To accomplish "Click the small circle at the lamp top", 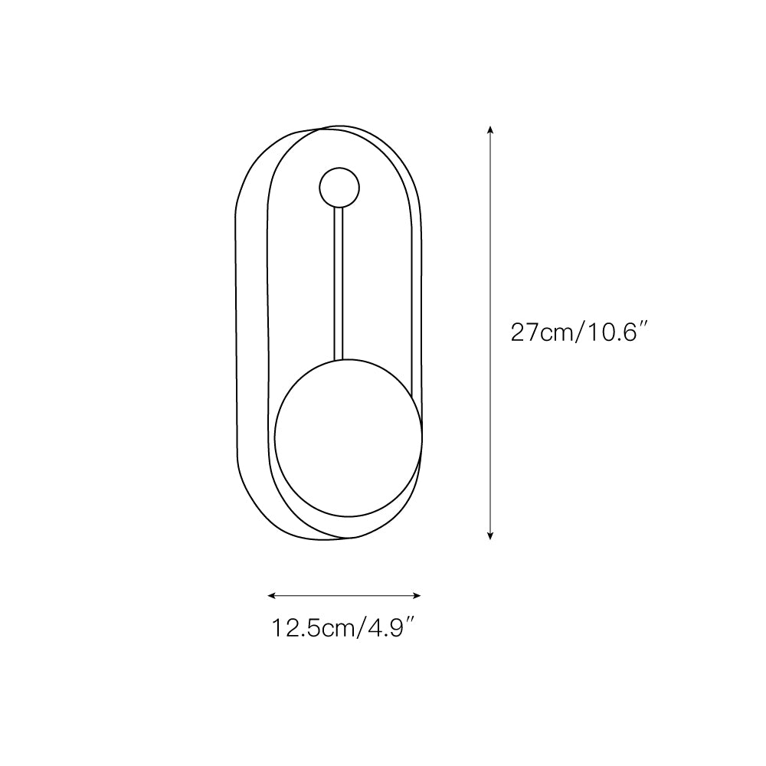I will (338, 187).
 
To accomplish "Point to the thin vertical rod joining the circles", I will (338, 283).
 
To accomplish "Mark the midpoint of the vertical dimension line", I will (490, 333).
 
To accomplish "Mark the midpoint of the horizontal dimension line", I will (345, 595).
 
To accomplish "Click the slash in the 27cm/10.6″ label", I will (580, 334).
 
